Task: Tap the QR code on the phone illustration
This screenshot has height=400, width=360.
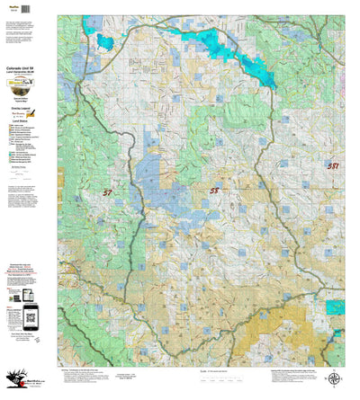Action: [31, 314]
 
